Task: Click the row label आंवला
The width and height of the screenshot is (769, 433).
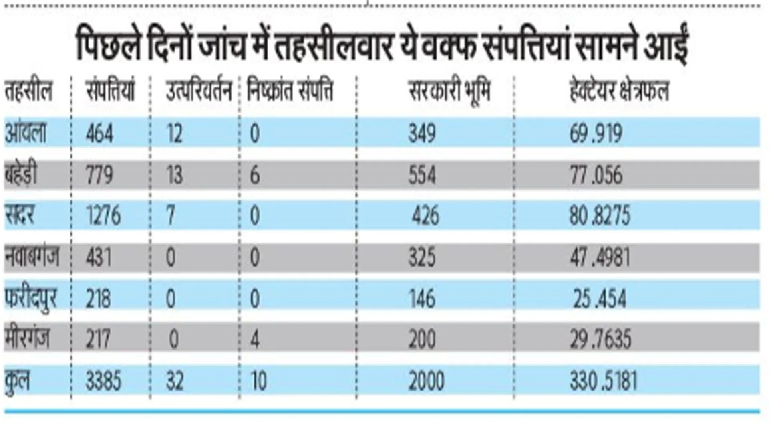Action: (x=26, y=132)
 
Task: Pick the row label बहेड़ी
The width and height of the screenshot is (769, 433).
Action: (x=21, y=175)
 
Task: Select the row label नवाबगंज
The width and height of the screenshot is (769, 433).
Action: (x=32, y=257)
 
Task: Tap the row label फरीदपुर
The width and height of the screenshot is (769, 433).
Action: (x=31, y=299)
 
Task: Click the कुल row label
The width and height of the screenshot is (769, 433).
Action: (x=17, y=381)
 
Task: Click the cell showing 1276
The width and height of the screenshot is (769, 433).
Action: (x=103, y=216)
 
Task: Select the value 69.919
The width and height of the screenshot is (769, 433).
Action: (x=596, y=134)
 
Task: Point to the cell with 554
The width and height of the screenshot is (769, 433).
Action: (x=422, y=175)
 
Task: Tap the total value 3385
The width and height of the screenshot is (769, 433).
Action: (x=103, y=381)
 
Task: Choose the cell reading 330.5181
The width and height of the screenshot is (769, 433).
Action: (x=603, y=381)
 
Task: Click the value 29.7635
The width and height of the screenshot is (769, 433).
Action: (x=600, y=339)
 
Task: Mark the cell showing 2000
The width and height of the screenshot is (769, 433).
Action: (x=426, y=381)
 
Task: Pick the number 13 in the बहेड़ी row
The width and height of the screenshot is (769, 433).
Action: (x=175, y=175)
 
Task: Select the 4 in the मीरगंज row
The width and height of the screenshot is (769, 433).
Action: (x=255, y=339)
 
